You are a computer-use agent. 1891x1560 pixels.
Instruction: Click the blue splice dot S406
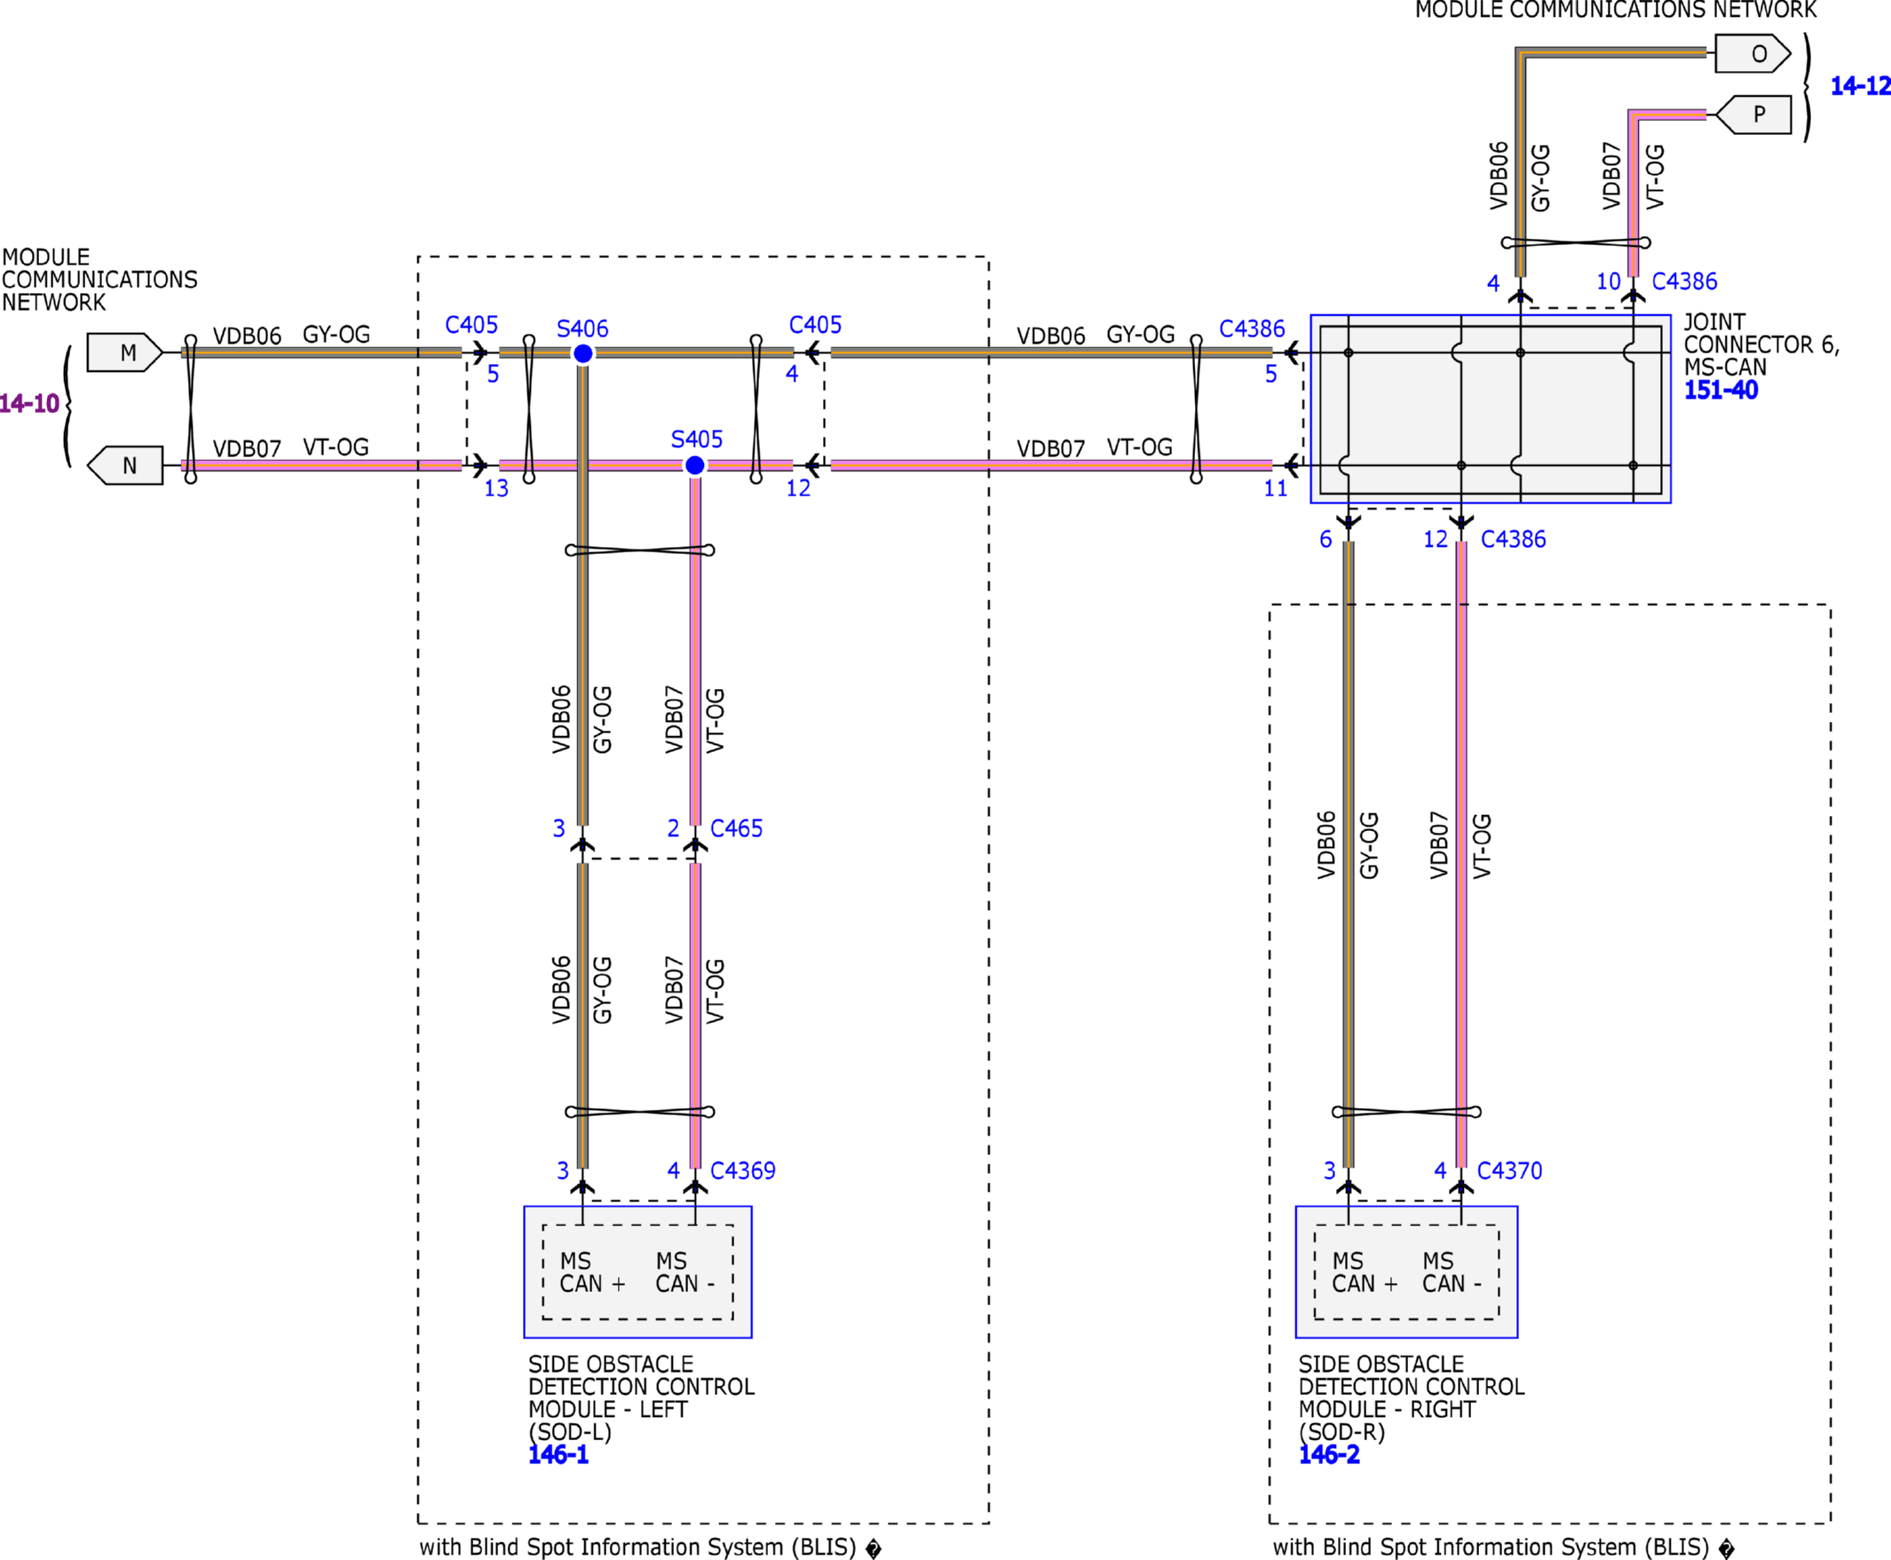click(583, 353)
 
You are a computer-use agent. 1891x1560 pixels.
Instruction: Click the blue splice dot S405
click(695, 465)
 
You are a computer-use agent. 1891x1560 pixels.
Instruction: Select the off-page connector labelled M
click(125, 352)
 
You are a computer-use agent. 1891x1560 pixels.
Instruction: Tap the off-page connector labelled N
click(125, 465)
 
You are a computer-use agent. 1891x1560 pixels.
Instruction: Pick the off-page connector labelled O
click(1753, 54)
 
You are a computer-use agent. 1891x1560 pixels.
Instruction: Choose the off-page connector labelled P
click(1753, 115)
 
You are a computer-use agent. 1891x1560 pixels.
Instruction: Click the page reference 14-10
click(29, 403)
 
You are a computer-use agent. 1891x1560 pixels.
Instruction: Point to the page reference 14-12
click(1861, 86)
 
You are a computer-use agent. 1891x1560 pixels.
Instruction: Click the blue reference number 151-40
click(1721, 390)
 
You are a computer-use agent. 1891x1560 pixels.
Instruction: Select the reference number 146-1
click(558, 1454)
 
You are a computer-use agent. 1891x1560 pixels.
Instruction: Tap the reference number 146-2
click(1329, 1454)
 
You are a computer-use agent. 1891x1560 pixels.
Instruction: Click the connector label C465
click(736, 828)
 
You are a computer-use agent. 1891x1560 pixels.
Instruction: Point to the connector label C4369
click(742, 1170)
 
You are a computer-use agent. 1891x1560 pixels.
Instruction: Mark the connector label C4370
click(1509, 1170)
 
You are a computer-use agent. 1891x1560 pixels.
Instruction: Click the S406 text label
click(582, 329)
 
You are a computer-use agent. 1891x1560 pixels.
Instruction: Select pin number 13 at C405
click(496, 488)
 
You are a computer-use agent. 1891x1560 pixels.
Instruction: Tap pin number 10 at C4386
click(1608, 281)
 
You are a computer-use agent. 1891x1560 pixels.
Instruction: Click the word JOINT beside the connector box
click(1714, 321)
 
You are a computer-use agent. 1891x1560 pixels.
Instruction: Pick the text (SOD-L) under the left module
click(570, 1431)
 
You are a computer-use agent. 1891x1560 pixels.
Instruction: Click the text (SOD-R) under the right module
click(1342, 1431)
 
